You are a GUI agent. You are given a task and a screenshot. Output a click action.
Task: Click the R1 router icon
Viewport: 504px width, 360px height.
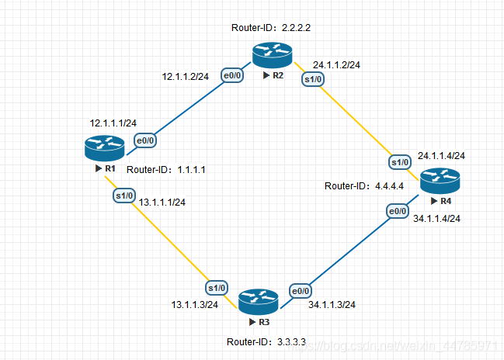tap(104, 147)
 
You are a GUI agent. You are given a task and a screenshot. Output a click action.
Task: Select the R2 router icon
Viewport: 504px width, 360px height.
tap(271, 57)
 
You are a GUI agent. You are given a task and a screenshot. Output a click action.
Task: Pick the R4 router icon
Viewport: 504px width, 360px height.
tap(440, 182)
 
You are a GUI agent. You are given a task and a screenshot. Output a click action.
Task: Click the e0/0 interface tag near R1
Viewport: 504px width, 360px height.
tap(144, 140)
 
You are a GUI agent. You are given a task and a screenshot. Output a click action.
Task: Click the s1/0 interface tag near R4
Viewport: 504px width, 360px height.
tap(399, 162)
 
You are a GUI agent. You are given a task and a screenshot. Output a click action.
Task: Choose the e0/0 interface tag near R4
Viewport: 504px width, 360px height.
tap(397, 211)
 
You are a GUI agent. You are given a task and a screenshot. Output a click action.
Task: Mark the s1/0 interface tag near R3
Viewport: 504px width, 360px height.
tap(217, 287)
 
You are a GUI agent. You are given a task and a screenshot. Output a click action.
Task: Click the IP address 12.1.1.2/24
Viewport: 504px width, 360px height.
tap(186, 77)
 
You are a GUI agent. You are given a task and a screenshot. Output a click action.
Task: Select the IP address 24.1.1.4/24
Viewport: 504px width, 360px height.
tap(442, 156)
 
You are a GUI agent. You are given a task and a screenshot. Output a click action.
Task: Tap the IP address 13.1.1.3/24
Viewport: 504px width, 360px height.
tap(194, 304)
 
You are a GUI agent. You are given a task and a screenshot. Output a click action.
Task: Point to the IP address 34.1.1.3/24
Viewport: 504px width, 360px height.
tap(332, 304)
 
